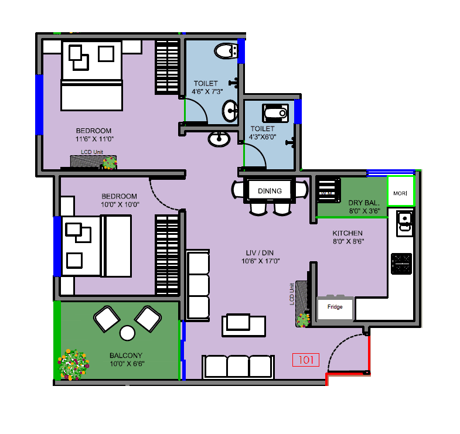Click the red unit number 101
tap(305, 360)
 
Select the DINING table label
tap(270, 190)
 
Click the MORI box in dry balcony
tap(400, 193)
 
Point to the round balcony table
tap(127, 333)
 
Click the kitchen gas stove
tap(401, 264)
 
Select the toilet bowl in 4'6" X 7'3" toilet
tap(225, 52)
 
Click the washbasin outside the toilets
tap(219, 139)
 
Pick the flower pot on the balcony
tap(73, 363)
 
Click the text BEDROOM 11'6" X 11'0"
tap(94, 135)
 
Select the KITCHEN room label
tap(347, 233)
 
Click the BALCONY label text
tap(126, 356)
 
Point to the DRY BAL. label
tap(364, 203)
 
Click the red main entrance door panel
tap(369, 354)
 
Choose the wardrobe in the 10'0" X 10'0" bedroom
tap(167, 255)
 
